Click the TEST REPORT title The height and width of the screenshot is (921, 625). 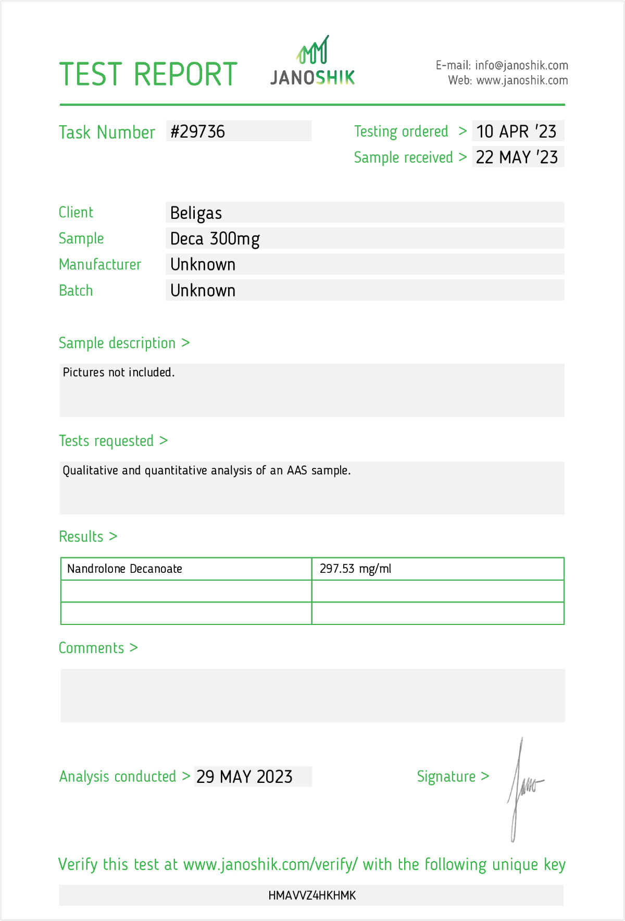(148, 74)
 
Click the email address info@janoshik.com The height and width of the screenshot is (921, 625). (521, 65)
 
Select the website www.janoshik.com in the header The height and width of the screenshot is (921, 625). (522, 80)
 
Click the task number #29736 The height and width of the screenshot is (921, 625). (198, 131)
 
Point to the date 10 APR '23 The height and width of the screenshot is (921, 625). (516, 131)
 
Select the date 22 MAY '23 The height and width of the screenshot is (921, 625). (517, 157)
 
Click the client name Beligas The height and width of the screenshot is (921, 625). (196, 213)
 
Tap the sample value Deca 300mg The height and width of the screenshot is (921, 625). (215, 239)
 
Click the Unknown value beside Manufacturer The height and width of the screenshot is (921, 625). (203, 265)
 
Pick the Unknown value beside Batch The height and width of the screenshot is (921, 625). (203, 291)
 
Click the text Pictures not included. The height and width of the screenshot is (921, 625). (119, 372)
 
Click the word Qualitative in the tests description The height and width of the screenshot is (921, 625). (91, 471)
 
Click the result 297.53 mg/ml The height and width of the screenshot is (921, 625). (355, 569)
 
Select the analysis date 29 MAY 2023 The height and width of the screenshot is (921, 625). (244, 777)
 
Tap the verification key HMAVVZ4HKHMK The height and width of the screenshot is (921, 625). (312, 895)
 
